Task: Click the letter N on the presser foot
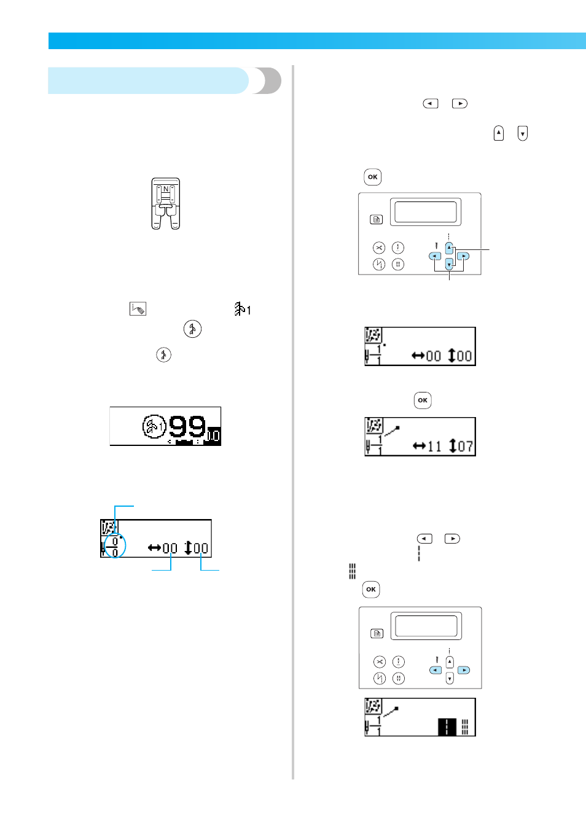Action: pyautogui.click(x=166, y=189)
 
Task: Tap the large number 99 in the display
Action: pyautogui.click(x=187, y=426)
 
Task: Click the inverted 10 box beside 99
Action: pyautogui.click(x=213, y=436)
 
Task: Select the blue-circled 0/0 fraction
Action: pyautogui.click(x=115, y=547)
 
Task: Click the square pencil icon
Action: pyautogui.click(x=138, y=308)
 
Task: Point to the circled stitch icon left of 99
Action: pyautogui.click(x=154, y=426)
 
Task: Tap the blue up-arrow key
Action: pyautogui.click(x=449, y=248)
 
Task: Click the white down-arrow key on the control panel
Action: pyautogui.click(x=450, y=678)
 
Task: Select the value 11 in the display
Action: pyautogui.click(x=434, y=447)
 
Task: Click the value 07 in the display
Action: pyautogui.click(x=466, y=447)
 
